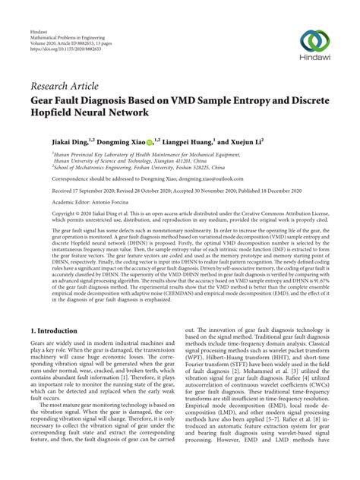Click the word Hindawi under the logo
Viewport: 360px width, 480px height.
click(314, 58)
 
